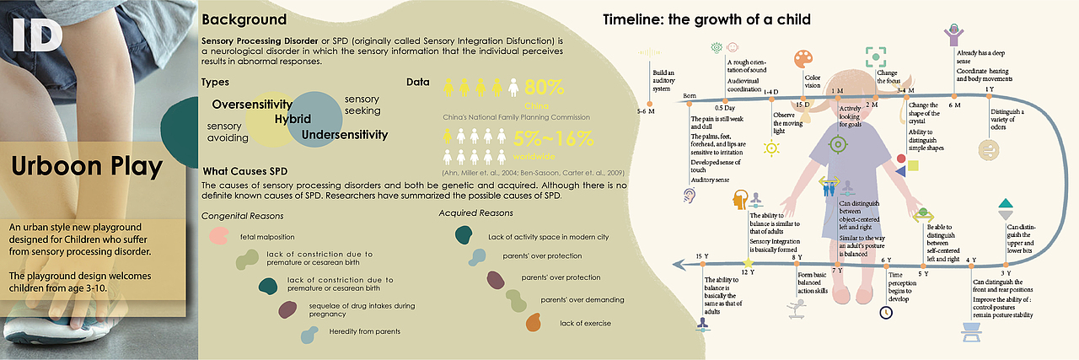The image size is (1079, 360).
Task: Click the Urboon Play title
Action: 86,167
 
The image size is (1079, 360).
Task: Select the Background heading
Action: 244,19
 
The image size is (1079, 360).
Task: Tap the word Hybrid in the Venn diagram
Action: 293,119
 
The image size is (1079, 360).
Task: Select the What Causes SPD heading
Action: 245,171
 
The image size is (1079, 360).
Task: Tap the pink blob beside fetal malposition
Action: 218,237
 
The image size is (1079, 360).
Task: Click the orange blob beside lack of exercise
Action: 532,322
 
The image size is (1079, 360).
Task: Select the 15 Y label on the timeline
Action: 700,255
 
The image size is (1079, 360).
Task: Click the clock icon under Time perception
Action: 886,312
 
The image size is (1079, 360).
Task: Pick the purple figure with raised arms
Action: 955,36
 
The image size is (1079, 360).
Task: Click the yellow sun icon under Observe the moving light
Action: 770,148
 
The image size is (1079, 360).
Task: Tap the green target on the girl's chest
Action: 838,143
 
